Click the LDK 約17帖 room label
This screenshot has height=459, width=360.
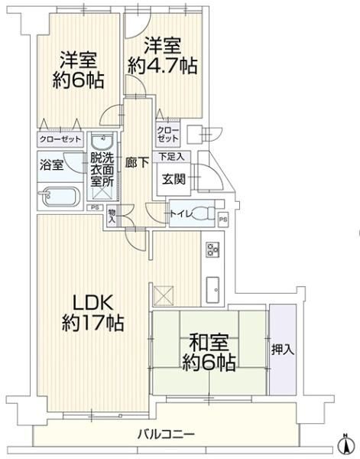[93, 313]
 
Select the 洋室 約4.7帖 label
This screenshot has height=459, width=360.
[163, 55]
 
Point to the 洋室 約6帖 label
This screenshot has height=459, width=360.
[79, 70]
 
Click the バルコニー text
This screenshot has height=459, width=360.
[166, 434]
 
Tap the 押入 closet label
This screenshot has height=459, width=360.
[283, 350]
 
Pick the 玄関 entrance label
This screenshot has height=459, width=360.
[174, 179]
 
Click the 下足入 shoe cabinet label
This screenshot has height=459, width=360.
[171, 157]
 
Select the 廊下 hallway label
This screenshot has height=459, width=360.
[137, 163]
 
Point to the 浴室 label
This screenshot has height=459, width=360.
[51, 165]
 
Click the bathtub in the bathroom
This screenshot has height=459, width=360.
[60, 197]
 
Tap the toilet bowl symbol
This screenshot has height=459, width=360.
[201, 213]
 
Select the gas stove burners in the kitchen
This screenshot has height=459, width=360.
[213, 249]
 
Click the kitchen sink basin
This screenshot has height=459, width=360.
[212, 289]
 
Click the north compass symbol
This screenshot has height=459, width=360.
[345, 445]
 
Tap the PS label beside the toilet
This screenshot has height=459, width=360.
[223, 220]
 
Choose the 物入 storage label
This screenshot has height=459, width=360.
[112, 216]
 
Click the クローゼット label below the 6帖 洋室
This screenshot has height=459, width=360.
[60, 139]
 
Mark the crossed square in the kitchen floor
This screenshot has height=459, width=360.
[163, 296]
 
